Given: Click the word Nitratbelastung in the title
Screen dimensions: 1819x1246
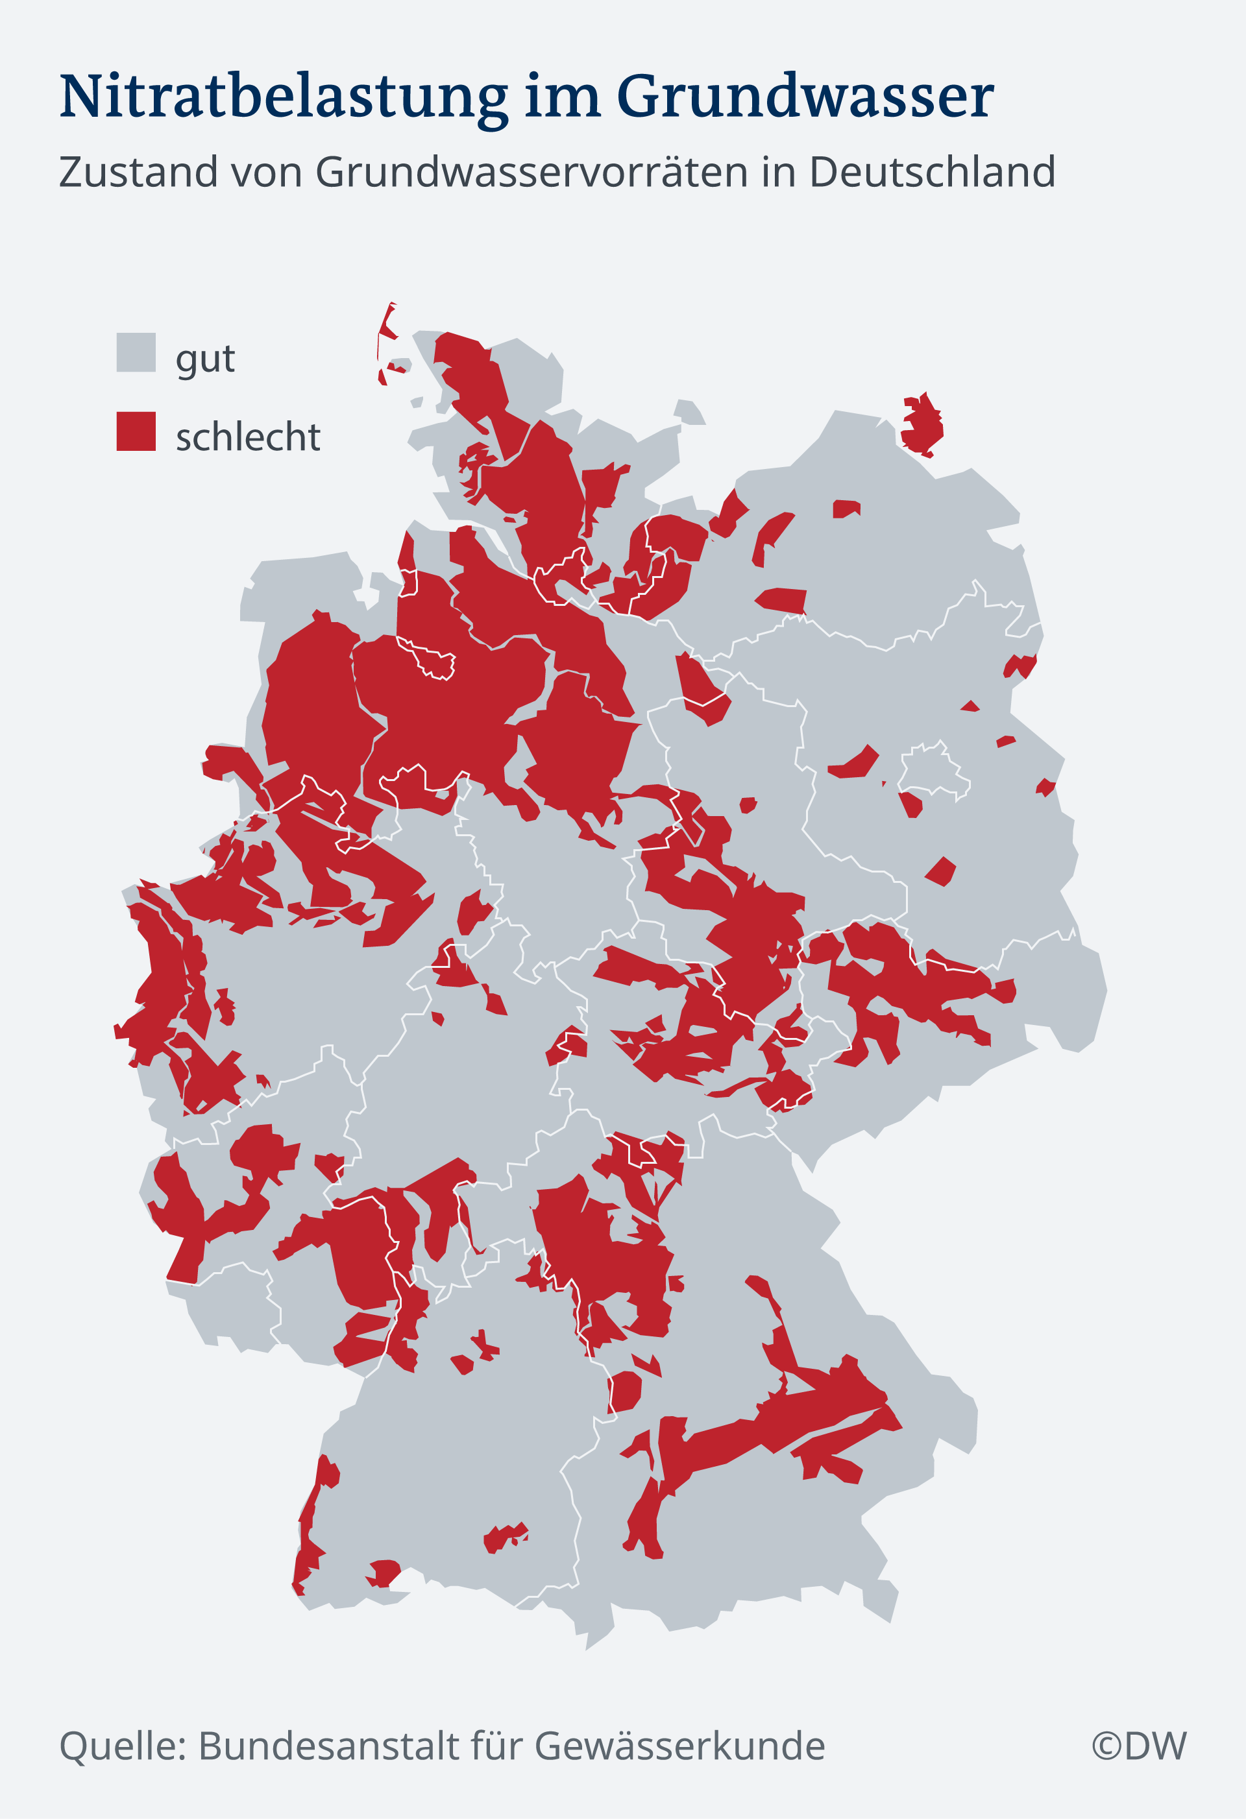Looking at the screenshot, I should (284, 97).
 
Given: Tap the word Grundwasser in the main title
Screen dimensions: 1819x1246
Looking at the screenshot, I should (805, 97).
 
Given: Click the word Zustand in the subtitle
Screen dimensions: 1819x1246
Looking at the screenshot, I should (138, 172).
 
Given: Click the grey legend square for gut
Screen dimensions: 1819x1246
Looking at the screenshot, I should (136, 352).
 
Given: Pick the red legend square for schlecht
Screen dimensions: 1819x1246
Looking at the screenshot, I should (136, 431).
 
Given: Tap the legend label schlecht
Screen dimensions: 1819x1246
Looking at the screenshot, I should (247, 437).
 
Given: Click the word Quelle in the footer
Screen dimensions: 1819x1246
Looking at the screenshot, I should (122, 1746).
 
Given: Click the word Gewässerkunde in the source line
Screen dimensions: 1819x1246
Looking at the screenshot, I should (679, 1746).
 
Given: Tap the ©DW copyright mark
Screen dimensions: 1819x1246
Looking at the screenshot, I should (1139, 1746).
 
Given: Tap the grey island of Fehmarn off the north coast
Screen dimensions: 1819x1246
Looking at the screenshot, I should (689, 413).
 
